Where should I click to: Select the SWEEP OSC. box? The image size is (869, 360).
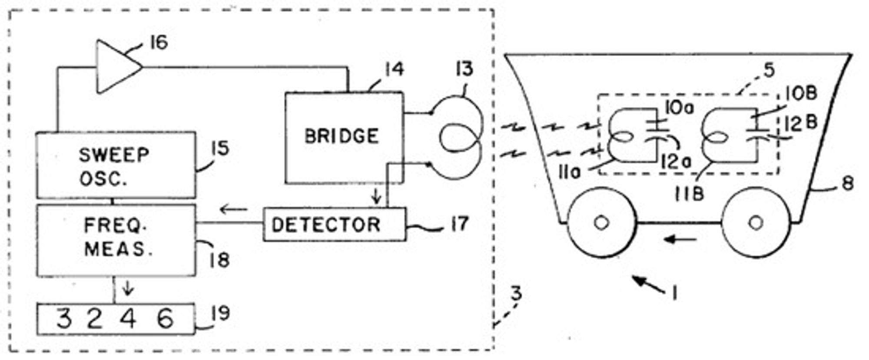[116, 165]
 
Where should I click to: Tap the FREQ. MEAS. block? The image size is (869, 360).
[116, 240]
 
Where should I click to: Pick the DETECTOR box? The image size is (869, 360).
[335, 224]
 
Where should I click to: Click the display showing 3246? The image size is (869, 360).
[116, 319]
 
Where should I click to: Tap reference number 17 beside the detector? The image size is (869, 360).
[458, 224]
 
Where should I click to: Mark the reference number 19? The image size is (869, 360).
[221, 313]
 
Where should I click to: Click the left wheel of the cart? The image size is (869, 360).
[601, 222]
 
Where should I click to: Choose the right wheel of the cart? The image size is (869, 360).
[756, 222]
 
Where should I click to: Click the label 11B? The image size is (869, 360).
[689, 194]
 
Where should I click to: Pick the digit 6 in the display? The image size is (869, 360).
[165, 319]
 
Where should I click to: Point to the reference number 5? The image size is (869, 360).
[769, 70]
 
